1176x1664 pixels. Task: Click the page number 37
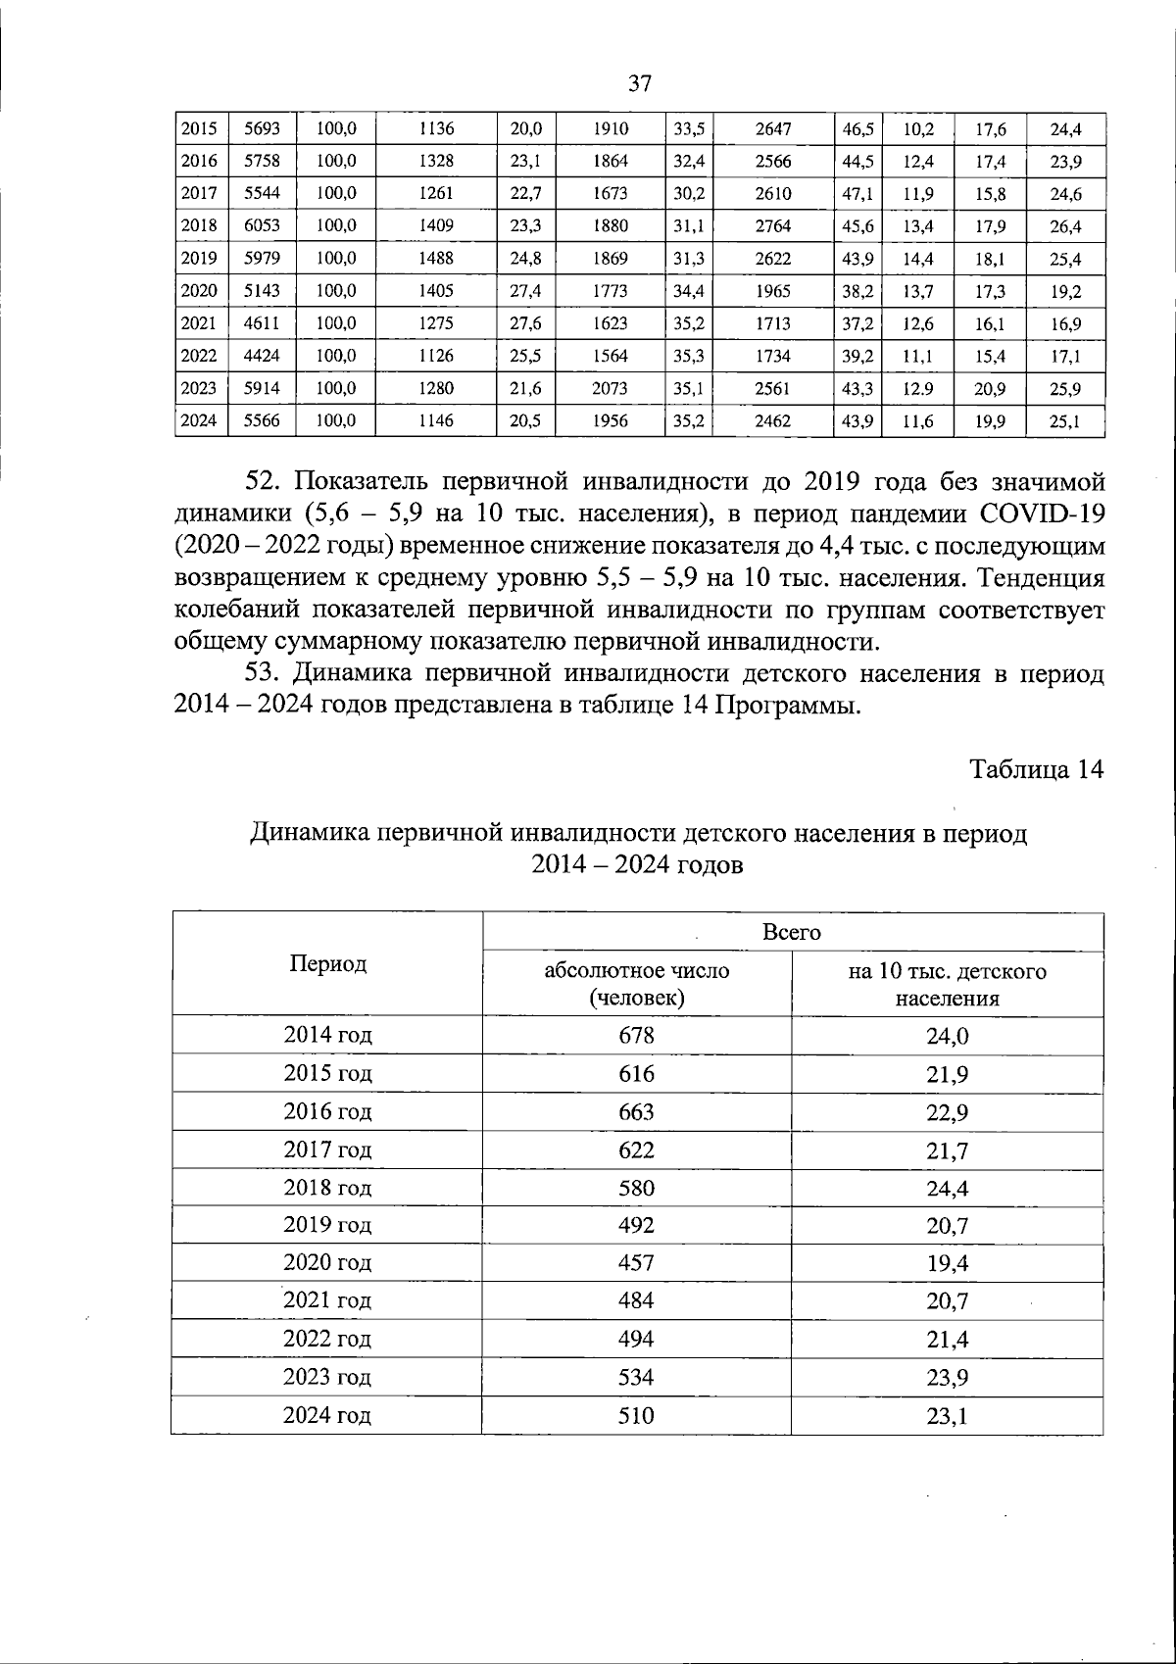click(640, 83)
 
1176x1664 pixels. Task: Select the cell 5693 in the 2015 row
click(262, 128)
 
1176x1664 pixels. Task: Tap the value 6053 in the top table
click(262, 225)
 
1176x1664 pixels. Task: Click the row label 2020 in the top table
click(199, 291)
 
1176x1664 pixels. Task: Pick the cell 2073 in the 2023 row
click(610, 388)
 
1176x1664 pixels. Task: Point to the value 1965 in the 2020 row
click(773, 291)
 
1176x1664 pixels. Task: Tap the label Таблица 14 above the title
click(1037, 769)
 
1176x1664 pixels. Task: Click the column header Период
click(327, 963)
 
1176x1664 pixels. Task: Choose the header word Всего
click(792, 932)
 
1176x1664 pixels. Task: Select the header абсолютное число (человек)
click(636, 984)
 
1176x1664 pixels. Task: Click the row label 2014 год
click(327, 1035)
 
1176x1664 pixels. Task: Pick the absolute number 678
click(636, 1035)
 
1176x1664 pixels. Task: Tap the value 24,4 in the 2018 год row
click(947, 1188)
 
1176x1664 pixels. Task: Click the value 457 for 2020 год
click(636, 1263)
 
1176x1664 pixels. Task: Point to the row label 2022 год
click(327, 1339)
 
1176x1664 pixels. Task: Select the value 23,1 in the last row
click(947, 1415)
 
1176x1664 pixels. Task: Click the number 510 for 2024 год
click(636, 1415)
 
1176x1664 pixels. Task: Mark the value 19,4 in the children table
click(947, 1263)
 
